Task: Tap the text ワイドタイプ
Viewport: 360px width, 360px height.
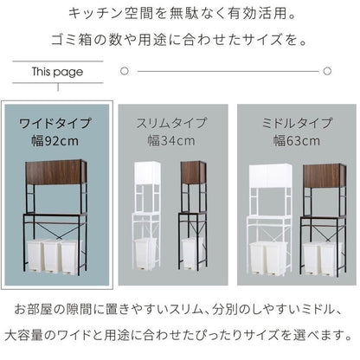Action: (x=56, y=122)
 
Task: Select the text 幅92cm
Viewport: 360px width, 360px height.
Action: (x=56, y=139)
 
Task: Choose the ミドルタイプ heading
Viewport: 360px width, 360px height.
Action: (x=292, y=122)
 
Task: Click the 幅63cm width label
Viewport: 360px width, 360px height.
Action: (x=292, y=139)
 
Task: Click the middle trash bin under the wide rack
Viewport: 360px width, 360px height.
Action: (x=56, y=258)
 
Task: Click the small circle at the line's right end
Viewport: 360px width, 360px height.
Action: (x=329, y=70)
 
